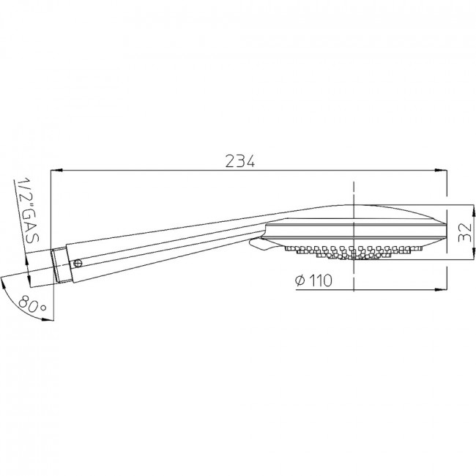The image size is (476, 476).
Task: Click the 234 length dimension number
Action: tap(239, 161)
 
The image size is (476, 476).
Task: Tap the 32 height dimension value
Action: tap(464, 232)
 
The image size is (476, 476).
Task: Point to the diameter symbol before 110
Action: tap(300, 280)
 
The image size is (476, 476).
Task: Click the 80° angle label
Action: tap(31, 305)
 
